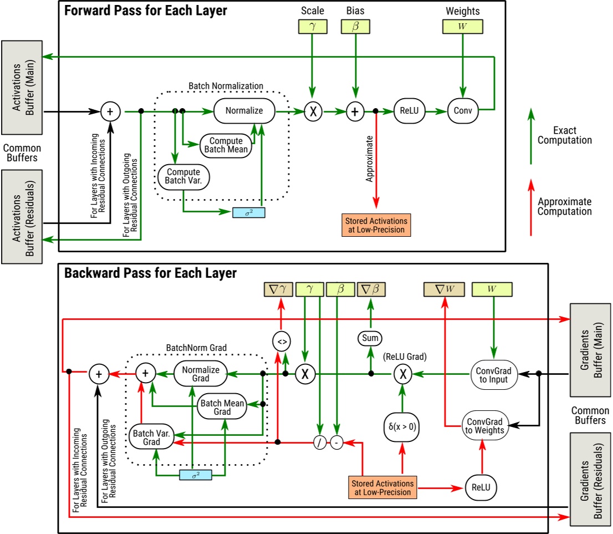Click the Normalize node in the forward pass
point(244,111)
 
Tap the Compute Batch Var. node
point(182,176)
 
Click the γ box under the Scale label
point(312,26)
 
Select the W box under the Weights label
point(462,26)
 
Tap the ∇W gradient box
point(444,289)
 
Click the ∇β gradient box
point(371,289)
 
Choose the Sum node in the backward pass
point(370,337)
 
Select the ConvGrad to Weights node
point(485,426)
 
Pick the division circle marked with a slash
point(320,443)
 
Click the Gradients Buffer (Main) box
point(590,349)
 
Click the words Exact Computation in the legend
point(573,135)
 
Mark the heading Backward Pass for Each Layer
point(150,273)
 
